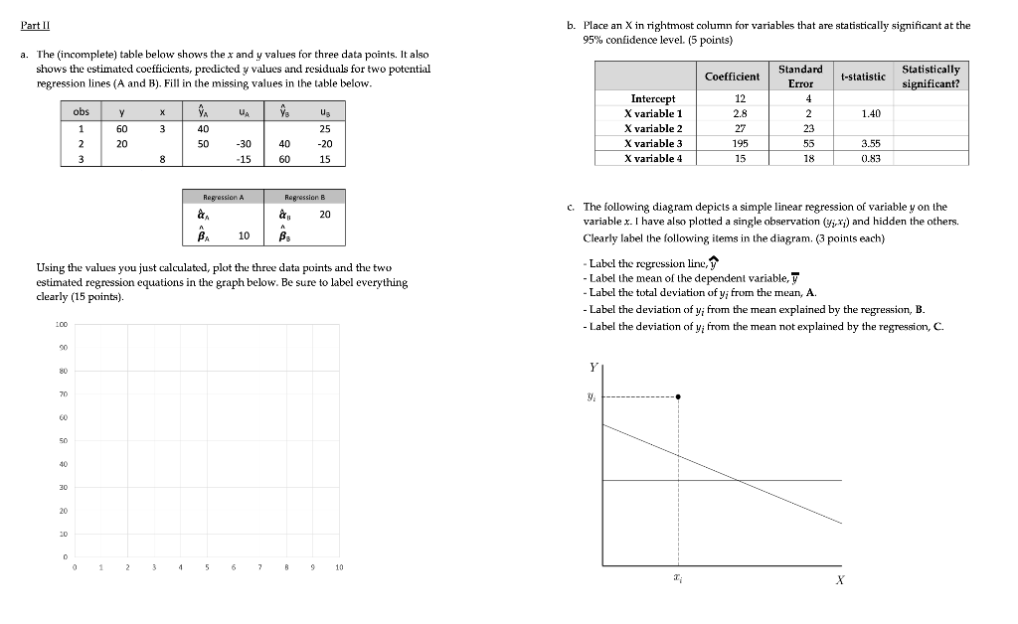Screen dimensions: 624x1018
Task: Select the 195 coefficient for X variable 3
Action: coord(739,143)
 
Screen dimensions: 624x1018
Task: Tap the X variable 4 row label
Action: coord(653,158)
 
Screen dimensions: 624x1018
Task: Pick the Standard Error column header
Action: coord(799,76)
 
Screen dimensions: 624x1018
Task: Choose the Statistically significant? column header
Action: coord(930,77)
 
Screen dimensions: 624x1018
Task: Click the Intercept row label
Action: coord(653,98)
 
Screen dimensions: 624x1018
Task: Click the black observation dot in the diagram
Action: coord(678,396)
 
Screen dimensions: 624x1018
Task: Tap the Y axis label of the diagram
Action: coord(594,367)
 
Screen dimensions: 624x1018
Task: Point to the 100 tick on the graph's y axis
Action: coord(61,325)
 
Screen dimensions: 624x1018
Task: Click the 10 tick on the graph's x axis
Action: coord(339,567)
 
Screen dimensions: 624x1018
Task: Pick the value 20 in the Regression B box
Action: coord(325,214)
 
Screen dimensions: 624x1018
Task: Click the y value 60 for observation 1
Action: coord(121,128)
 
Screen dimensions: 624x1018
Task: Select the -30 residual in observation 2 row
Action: coord(243,143)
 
